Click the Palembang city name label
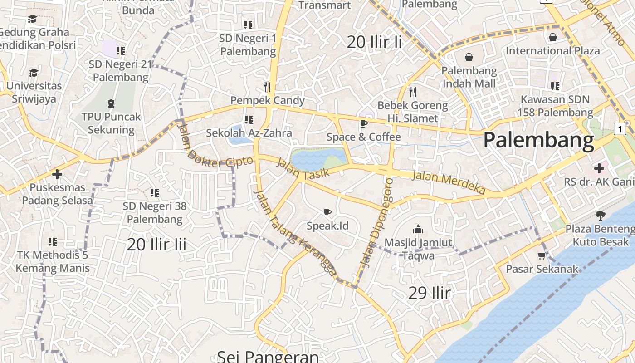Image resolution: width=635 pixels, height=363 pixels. tap(538, 140)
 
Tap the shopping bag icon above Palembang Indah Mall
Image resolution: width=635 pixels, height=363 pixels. tap(469, 58)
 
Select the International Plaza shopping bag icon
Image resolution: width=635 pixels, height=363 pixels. tap(552, 37)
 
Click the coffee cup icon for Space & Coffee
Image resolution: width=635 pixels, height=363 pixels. tap(363, 123)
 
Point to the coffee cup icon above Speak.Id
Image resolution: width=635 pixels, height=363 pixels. tap(327, 212)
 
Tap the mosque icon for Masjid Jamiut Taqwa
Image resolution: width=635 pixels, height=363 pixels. tap(418, 230)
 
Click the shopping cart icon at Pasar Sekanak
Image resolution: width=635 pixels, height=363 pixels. tap(542, 256)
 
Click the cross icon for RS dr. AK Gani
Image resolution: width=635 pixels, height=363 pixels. tap(599, 168)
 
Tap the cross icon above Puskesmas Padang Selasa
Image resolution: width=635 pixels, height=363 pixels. tap(57, 174)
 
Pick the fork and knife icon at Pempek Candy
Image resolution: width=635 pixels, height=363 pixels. tap(267, 87)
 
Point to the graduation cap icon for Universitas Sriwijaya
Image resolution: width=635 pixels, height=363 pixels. tap(34, 73)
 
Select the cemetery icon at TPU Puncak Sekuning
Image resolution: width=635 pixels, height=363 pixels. tap(111, 104)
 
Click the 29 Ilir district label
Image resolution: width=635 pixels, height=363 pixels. tap(429, 293)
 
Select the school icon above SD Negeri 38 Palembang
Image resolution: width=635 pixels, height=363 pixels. tap(154, 193)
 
